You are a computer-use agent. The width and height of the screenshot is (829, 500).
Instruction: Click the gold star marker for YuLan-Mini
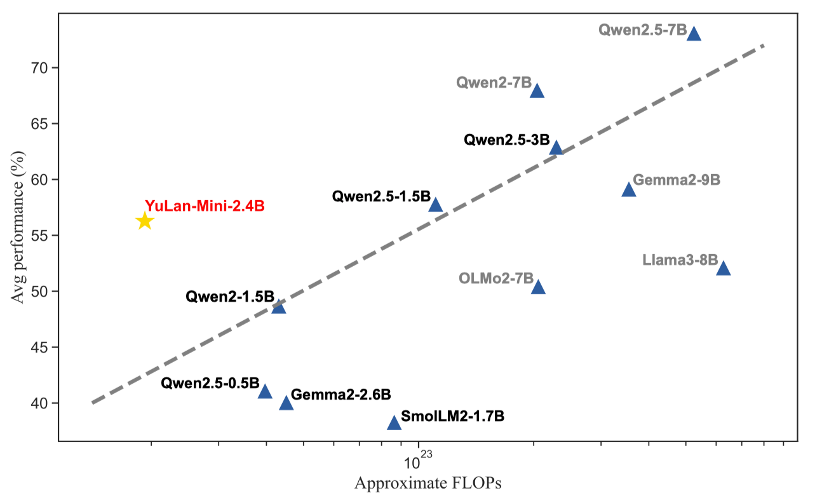pyautogui.click(x=145, y=221)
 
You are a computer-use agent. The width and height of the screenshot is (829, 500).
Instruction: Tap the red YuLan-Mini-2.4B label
pyautogui.click(x=204, y=206)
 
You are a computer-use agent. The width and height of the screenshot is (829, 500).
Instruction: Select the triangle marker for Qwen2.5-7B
pyautogui.click(x=694, y=34)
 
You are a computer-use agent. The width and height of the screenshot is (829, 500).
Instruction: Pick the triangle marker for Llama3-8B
pyautogui.click(x=723, y=269)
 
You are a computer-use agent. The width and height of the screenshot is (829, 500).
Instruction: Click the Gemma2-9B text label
pyautogui.click(x=677, y=180)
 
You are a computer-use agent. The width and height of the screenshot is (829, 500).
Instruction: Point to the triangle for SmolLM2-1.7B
pyautogui.click(x=394, y=423)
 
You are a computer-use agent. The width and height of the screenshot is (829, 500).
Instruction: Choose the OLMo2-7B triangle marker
pyautogui.click(x=538, y=288)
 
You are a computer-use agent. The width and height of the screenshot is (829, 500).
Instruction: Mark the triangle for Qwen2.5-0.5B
pyautogui.click(x=265, y=392)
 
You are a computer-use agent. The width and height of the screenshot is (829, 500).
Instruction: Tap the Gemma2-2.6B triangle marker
pyautogui.click(x=286, y=403)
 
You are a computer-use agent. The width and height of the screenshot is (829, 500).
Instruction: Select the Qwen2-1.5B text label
pyautogui.click(x=229, y=297)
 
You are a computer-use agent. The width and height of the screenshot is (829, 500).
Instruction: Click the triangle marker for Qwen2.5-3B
pyautogui.click(x=556, y=148)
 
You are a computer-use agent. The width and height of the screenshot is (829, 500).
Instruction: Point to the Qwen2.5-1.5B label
pyautogui.click(x=381, y=197)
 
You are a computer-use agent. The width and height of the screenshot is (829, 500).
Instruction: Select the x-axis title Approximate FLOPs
pyautogui.click(x=428, y=483)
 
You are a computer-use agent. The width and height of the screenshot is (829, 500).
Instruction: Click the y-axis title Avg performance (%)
pyautogui.click(x=18, y=235)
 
